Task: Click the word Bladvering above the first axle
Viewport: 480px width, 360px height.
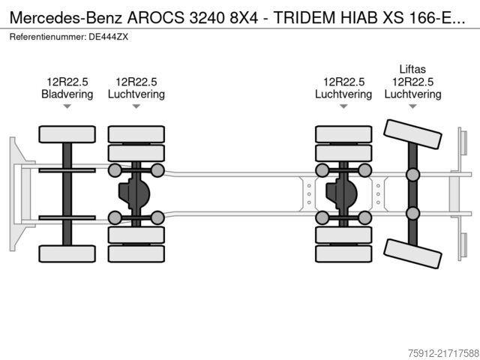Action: coord(67,94)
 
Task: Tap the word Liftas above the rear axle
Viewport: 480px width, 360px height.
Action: coord(412,69)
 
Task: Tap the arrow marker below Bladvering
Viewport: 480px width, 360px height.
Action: coord(67,107)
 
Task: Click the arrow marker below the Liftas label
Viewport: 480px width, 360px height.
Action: coord(412,107)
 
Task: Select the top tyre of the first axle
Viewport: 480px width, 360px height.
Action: coord(67,134)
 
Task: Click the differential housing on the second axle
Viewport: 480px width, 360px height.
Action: coord(136,195)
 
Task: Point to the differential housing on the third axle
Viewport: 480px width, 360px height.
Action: coord(343,195)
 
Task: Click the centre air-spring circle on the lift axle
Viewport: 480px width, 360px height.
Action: coord(412,175)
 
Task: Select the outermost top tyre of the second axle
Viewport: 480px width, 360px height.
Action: coord(136,134)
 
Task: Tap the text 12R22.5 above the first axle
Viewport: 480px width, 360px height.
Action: coord(67,82)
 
